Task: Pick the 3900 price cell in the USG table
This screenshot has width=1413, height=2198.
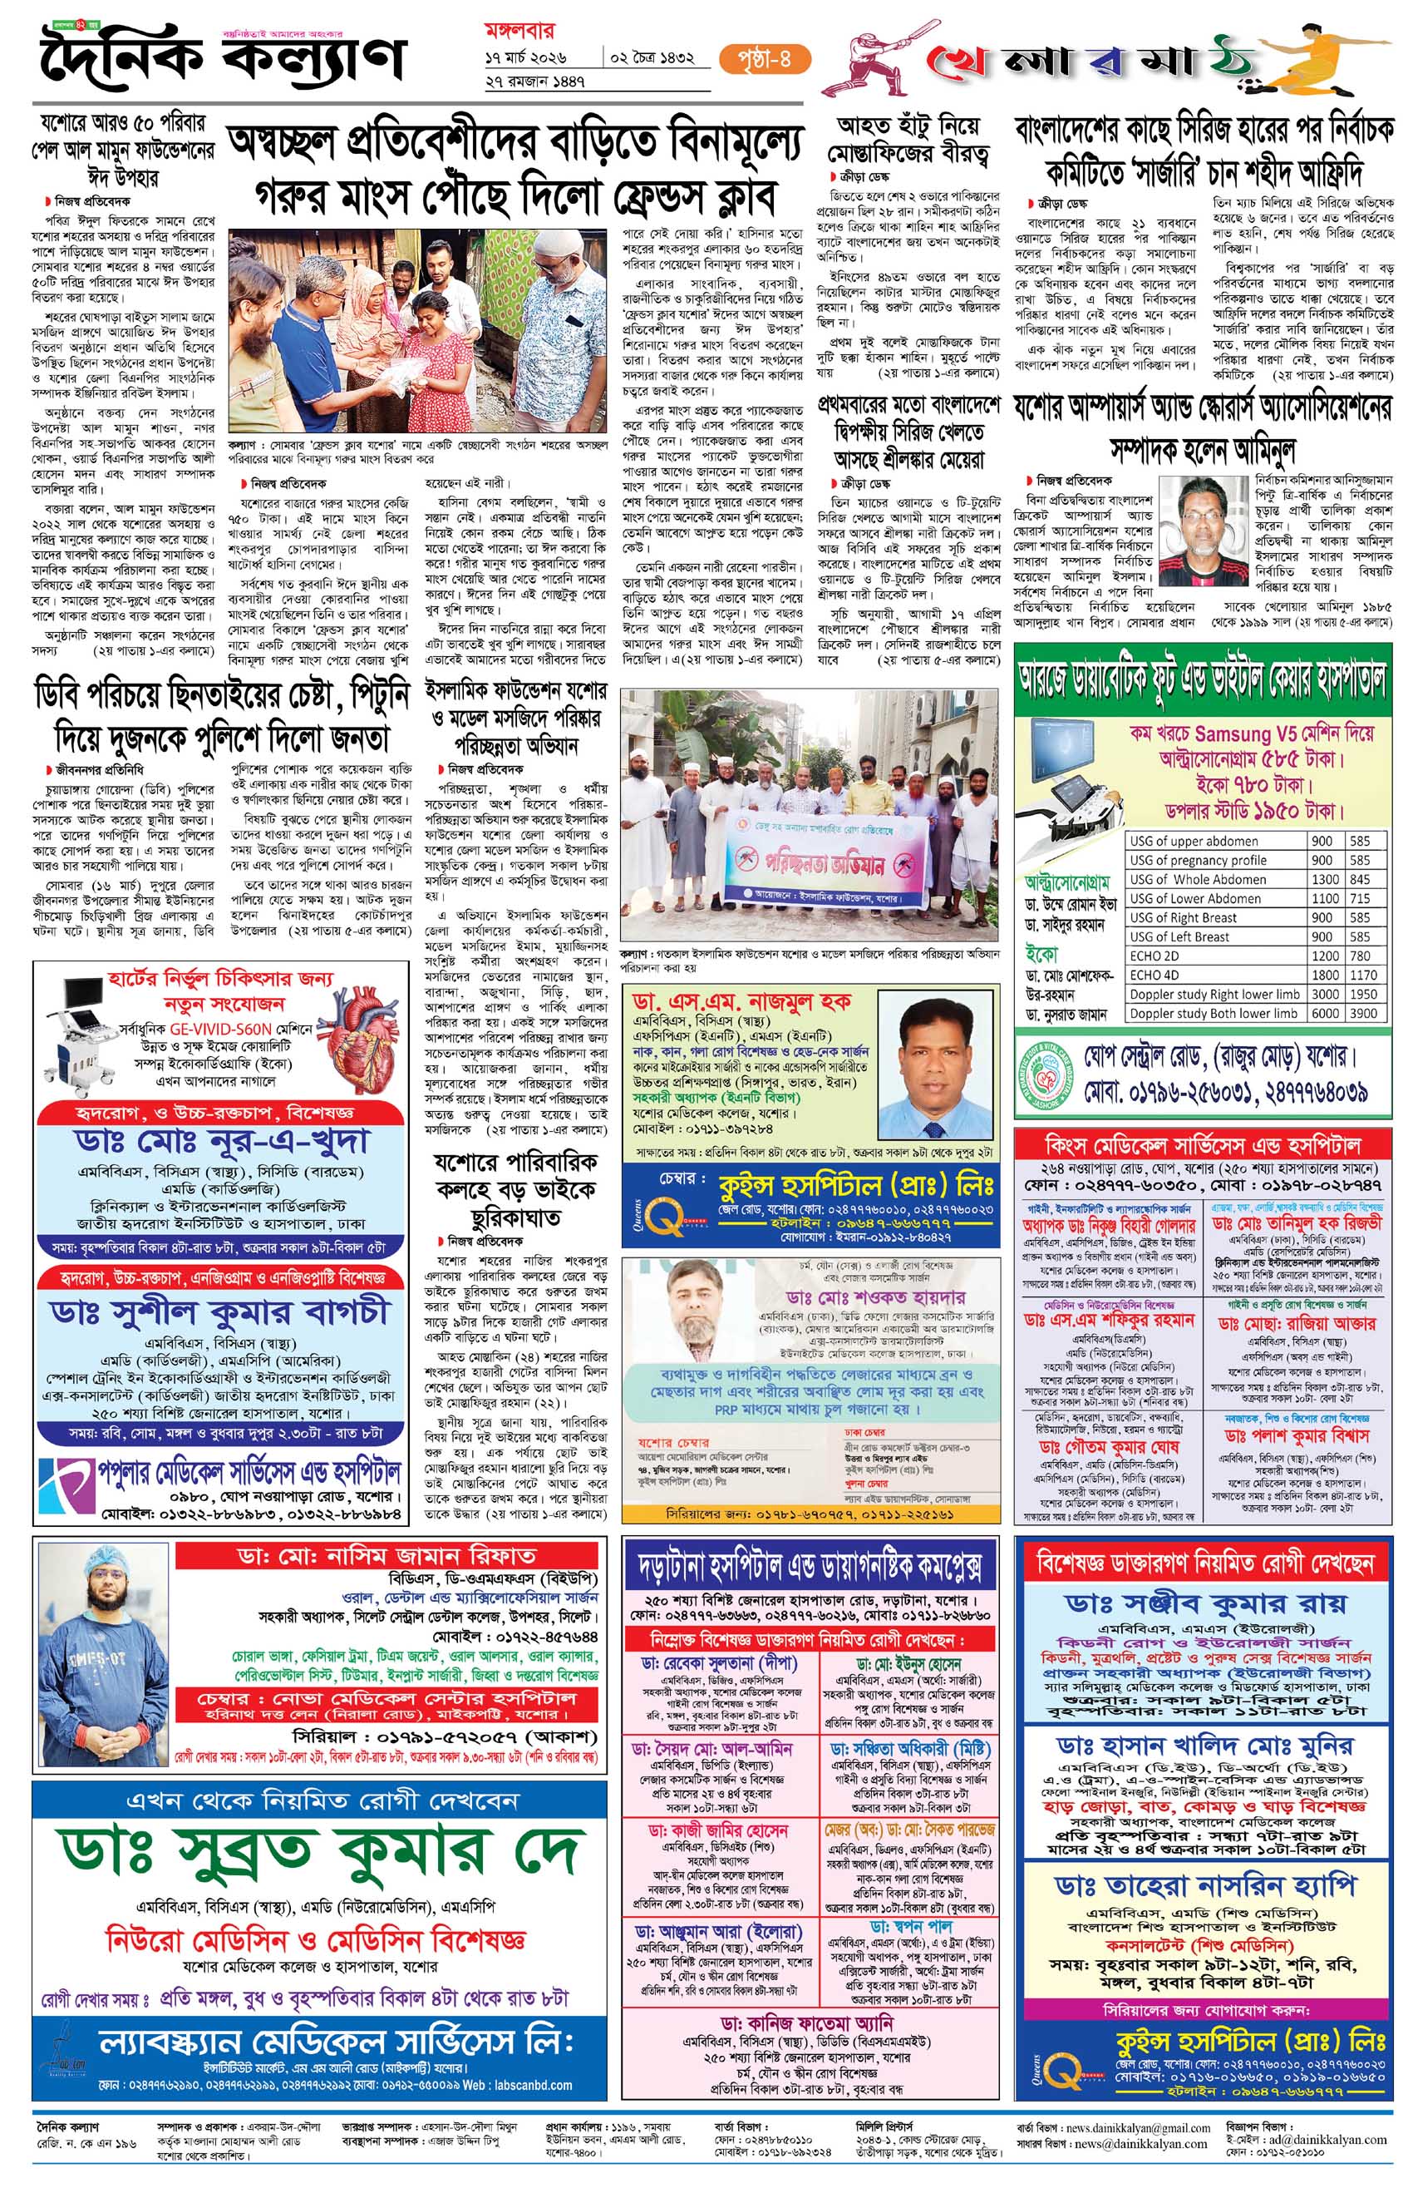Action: click(1363, 1013)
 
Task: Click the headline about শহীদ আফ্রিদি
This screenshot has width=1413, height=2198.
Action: click(1203, 151)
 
